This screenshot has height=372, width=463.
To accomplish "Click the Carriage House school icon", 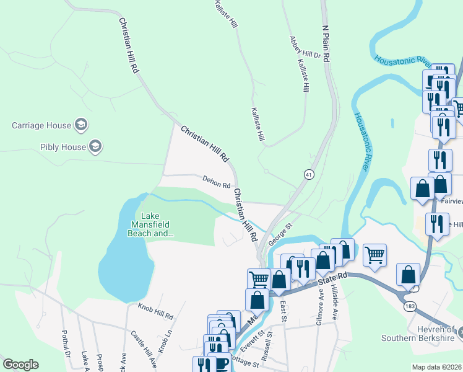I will coord(80,125).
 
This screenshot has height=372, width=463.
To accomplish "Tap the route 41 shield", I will coord(308,175).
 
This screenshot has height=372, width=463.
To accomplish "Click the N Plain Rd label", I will coord(324,42).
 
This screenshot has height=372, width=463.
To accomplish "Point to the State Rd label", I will coord(331,280).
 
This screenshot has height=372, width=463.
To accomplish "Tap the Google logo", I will coord(20,365).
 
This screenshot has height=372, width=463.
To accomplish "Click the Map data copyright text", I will coord(436,367).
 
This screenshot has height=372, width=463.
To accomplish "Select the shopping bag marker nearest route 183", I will coord(409,274).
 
